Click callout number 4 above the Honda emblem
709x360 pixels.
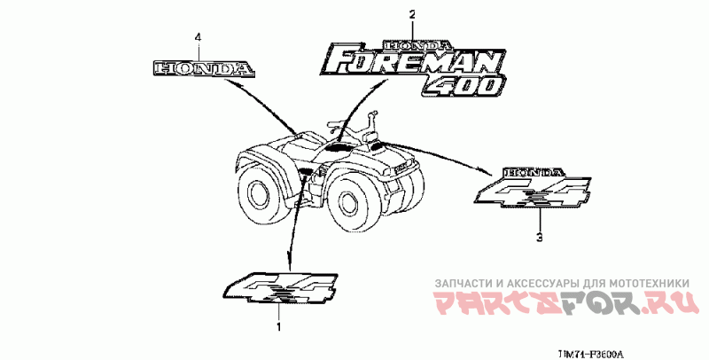tap(198, 36)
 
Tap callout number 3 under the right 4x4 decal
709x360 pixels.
tap(539, 237)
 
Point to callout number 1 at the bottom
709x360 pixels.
tap(281, 327)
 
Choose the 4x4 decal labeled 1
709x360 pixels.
tap(282, 288)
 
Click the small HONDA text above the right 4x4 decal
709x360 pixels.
tap(533, 171)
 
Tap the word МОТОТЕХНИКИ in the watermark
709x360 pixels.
tap(657, 283)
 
